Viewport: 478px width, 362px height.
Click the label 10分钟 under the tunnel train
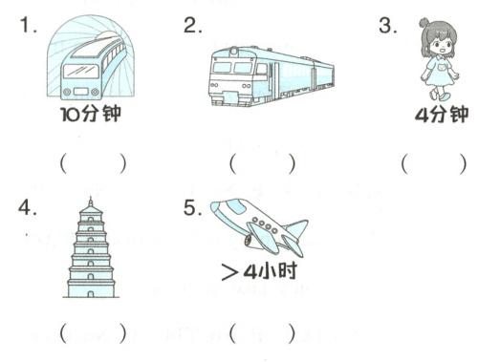pos(91,114)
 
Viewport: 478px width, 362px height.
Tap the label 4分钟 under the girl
pos(442,115)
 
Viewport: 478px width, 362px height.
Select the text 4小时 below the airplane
pos(271,271)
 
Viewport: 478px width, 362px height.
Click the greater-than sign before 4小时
pos(229,272)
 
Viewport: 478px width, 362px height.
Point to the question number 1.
pos(28,25)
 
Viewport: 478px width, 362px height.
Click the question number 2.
pos(192,25)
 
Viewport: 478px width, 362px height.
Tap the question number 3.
pos(387,26)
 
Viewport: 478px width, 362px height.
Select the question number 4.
pos(27,208)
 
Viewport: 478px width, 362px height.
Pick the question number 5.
pos(192,208)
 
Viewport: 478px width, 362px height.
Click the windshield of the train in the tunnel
pos(81,71)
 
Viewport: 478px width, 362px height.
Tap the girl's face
pos(442,46)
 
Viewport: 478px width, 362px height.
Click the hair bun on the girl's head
pos(424,23)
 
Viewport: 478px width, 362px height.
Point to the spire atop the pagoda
pos(91,202)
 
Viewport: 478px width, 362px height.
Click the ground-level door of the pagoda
pos(91,293)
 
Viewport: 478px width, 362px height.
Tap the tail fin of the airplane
pos(297,228)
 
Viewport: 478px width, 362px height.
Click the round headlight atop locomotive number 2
pos(234,52)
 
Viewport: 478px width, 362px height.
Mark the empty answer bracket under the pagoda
pos(93,333)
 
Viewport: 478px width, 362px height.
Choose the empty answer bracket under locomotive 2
pos(262,164)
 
